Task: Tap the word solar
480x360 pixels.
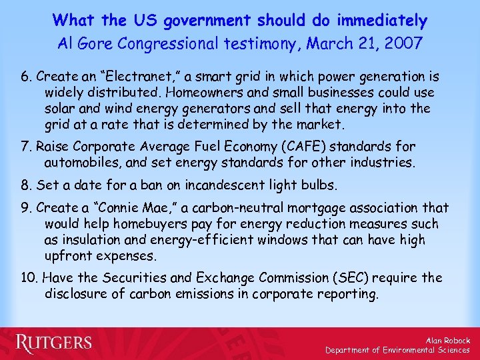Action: tap(60, 108)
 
